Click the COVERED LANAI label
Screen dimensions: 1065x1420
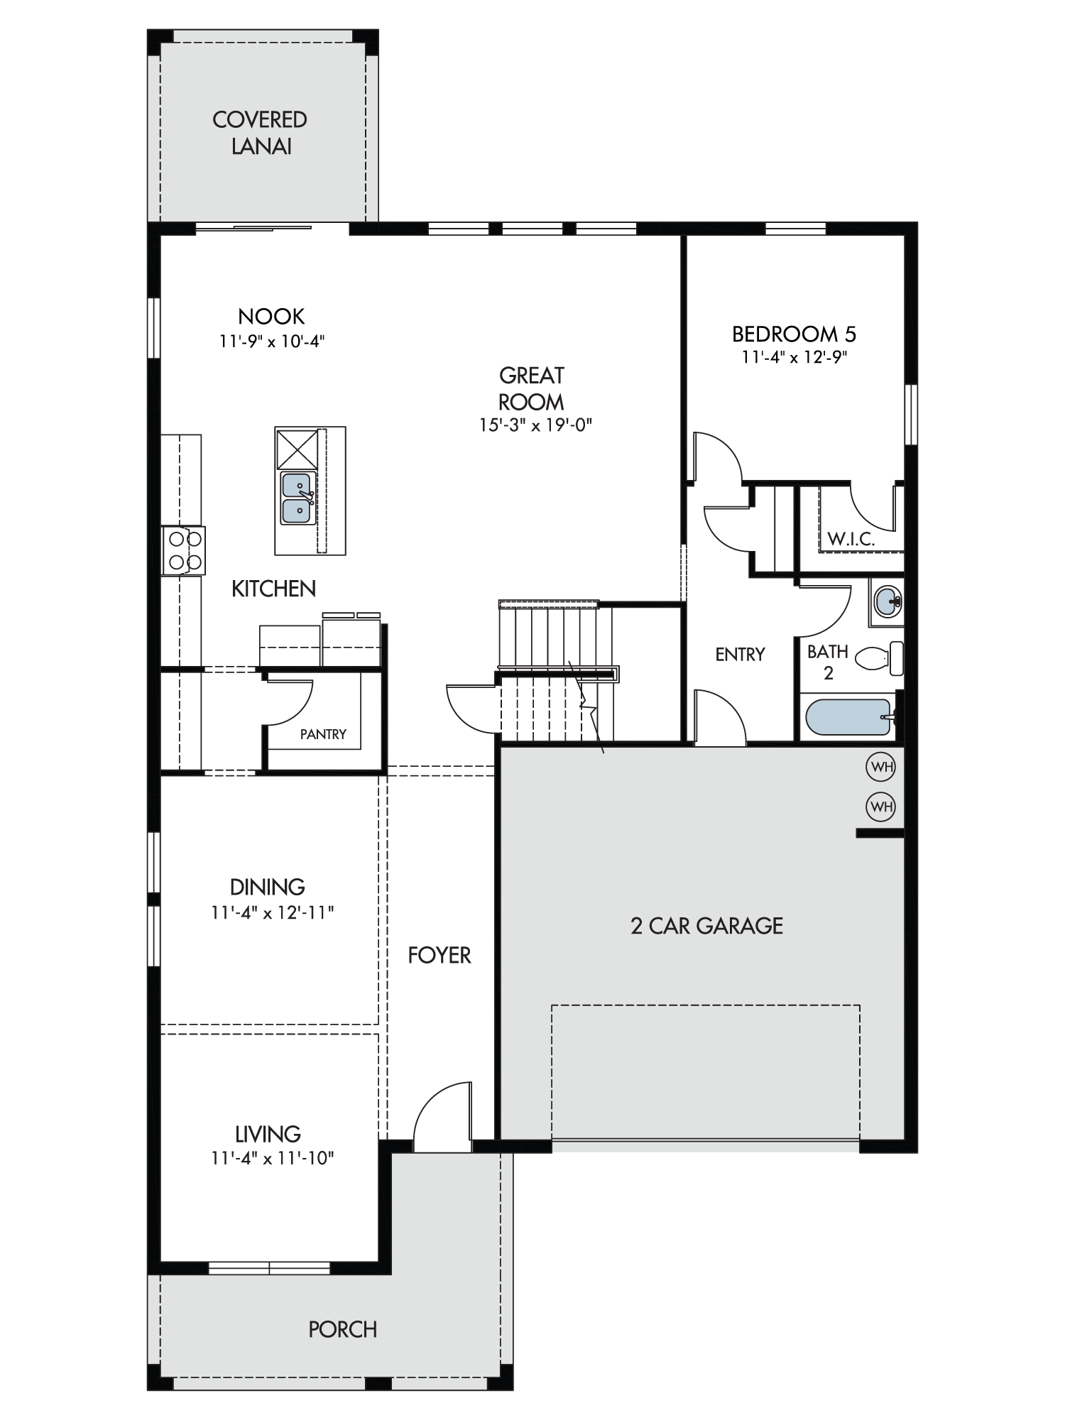click(x=260, y=133)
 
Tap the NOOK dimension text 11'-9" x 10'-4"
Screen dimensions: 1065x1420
click(x=271, y=342)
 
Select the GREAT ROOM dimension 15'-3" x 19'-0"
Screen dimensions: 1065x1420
click(x=535, y=425)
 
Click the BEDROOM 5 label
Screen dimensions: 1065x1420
click(x=794, y=334)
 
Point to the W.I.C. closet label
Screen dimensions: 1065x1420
click(x=851, y=540)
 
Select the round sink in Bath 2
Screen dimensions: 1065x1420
click(x=886, y=602)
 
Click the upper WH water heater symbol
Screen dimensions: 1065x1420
click(x=881, y=767)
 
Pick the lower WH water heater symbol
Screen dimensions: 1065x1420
click(x=881, y=807)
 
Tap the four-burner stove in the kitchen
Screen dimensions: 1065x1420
click(x=183, y=550)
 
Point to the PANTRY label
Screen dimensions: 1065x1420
click(x=323, y=734)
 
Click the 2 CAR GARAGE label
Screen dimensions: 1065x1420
click(x=707, y=926)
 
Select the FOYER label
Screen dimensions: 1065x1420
click(x=439, y=956)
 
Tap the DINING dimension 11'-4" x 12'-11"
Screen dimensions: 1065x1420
click(x=272, y=913)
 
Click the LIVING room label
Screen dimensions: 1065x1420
click(x=268, y=1134)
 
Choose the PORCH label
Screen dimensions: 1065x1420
click(x=343, y=1329)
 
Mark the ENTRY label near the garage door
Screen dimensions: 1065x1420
click(x=740, y=655)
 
